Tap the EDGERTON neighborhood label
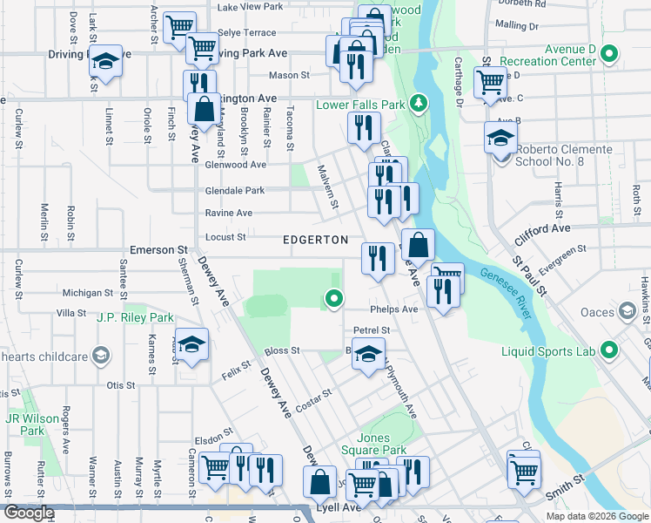click(315, 240)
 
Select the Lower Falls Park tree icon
click(419, 105)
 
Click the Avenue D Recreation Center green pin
click(609, 56)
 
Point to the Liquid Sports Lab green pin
click(610, 352)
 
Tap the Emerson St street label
click(152, 250)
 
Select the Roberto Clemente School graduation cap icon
click(501, 139)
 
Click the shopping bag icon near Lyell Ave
click(320, 481)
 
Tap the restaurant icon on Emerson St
click(378, 257)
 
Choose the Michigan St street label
click(88, 294)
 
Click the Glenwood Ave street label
click(235, 165)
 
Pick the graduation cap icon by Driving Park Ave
click(106, 62)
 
